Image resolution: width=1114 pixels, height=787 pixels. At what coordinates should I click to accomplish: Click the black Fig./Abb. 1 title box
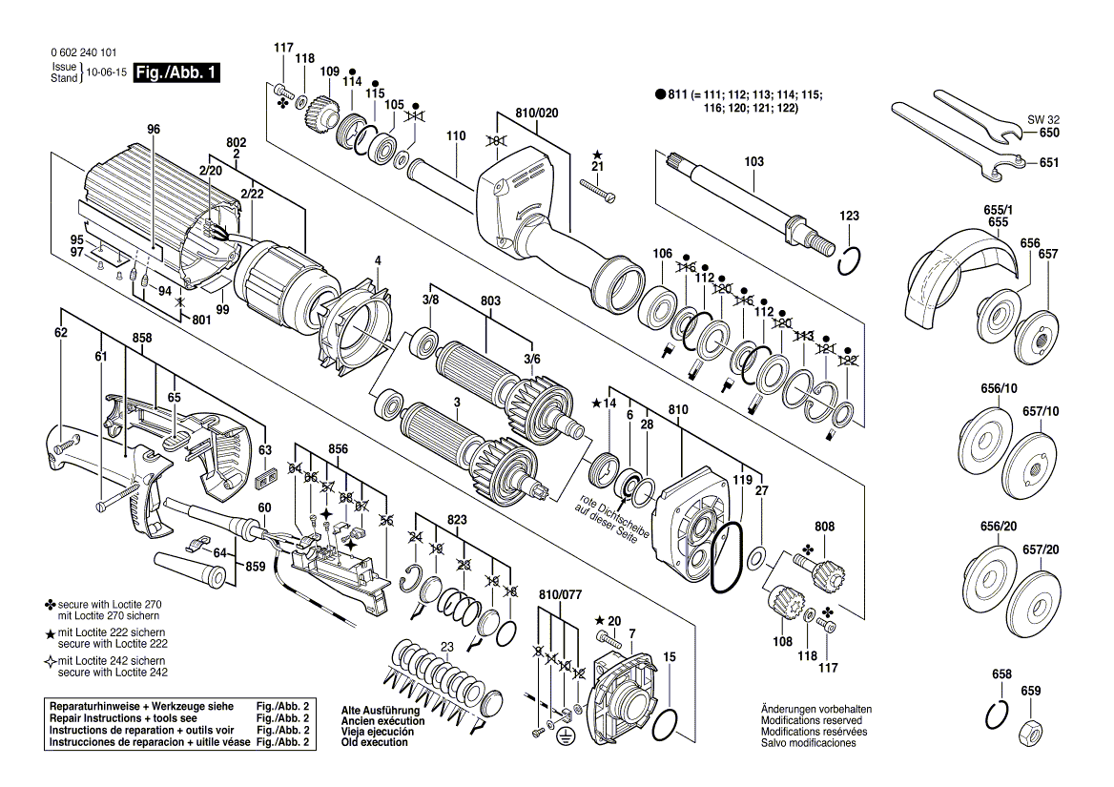[x=176, y=72]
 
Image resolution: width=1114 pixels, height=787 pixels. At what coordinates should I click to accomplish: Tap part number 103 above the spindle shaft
[x=753, y=161]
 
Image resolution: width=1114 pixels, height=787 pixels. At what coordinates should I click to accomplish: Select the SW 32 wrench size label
[x=1042, y=120]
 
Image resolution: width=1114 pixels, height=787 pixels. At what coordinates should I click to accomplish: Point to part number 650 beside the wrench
[x=1048, y=133]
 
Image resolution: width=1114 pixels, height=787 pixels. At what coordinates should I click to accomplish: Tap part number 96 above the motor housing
[x=154, y=130]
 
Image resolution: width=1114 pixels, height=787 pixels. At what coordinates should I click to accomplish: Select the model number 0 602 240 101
[x=84, y=52]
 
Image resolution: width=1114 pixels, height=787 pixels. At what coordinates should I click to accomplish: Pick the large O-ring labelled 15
[x=664, y=726]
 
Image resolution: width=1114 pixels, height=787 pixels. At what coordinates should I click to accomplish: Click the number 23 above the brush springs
[x=446, y=647]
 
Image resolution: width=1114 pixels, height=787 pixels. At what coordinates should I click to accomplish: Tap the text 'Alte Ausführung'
[x=381, y=711]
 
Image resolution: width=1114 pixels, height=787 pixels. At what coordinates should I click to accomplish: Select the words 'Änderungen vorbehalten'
[x=816, y=709]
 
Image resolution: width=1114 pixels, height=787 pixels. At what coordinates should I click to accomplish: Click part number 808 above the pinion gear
[x=824, y=527]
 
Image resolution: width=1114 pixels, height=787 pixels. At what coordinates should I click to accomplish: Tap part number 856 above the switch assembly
[x=339, y=449]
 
